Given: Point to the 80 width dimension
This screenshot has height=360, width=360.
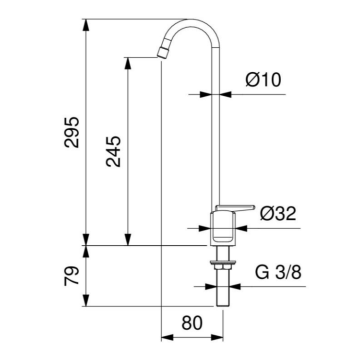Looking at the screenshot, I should point(191,324).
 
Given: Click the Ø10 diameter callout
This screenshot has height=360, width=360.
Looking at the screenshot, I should point(269,81).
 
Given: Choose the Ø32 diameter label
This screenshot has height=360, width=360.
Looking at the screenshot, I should point(276,212).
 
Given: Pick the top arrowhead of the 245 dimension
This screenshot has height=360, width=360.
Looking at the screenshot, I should point(127,60).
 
